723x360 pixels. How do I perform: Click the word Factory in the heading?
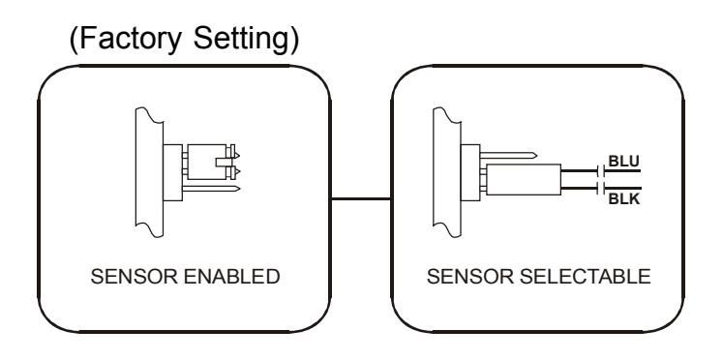(131, 39)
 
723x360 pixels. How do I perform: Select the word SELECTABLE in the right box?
(586, 277)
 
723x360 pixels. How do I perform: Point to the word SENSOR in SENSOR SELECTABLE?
(470, 277)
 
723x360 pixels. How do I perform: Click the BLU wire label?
(624, 162)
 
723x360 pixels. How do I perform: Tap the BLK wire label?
(624, 199)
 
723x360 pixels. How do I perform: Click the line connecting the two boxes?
(361, 199)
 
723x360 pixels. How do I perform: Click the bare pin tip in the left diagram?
(237, 189)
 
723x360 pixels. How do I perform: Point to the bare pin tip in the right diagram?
(534, 156)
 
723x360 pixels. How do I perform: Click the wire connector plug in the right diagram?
(524, 179)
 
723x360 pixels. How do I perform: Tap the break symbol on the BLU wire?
(601, 171)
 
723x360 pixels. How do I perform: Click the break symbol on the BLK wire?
(601, 188)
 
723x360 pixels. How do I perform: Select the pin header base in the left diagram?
(173, 173)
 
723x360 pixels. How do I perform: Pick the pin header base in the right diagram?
(470, 173)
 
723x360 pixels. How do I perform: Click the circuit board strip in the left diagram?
(149, 172)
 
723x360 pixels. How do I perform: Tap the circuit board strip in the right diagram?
(447, 172)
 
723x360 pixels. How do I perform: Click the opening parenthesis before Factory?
(74, 40)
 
